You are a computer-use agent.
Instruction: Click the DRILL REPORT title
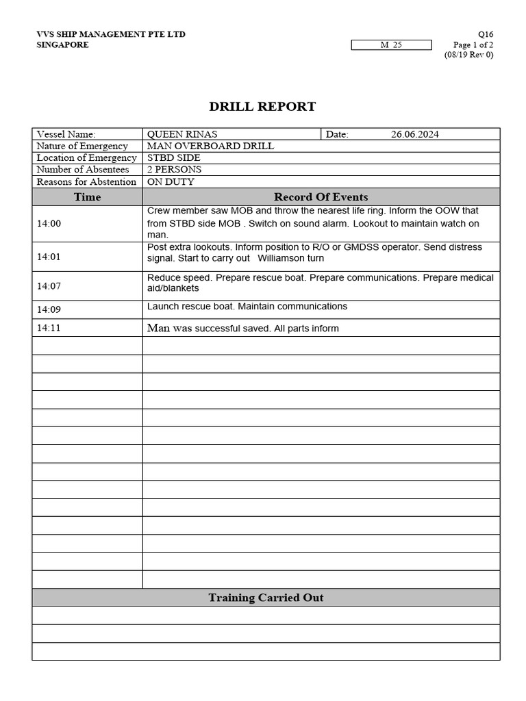262,106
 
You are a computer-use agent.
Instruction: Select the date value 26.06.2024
415,134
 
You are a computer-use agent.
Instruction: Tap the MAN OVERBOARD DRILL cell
210,146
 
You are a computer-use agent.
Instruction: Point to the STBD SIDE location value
174,157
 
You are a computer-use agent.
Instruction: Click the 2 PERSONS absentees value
174,169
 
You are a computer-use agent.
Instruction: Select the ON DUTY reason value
171,181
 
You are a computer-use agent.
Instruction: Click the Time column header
87,197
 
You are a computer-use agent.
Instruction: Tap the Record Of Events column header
321,197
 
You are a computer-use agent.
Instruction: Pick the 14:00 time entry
49,223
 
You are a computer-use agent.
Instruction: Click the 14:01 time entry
49,257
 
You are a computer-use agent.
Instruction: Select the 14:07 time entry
49,286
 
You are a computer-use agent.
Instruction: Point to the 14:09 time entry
49,309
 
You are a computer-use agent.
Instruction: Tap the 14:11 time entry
49,328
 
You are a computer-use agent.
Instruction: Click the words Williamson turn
290,259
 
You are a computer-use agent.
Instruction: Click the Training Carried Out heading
266,598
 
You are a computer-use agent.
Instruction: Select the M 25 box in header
391,45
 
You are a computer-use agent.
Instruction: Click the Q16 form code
485,34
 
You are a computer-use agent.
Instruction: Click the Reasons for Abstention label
86,181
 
